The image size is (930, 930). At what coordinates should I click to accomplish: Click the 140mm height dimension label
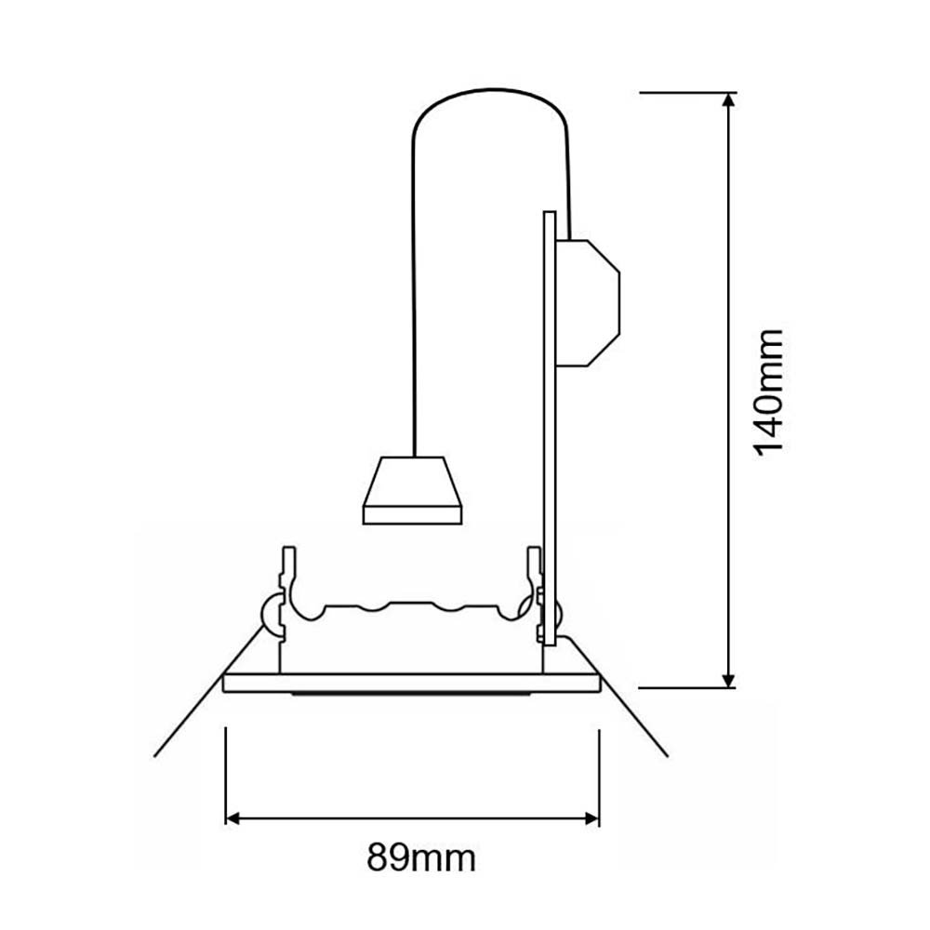769,392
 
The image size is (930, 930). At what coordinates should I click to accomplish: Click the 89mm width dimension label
421,857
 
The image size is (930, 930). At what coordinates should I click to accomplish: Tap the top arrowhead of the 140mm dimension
729,100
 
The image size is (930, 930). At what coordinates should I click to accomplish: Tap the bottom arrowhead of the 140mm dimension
729,681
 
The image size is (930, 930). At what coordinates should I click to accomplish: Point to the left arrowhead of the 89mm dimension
233,819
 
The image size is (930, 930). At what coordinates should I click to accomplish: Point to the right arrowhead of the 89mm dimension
591,819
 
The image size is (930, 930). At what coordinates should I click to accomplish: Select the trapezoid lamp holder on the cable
412,490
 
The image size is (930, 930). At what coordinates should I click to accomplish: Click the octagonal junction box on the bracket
588,302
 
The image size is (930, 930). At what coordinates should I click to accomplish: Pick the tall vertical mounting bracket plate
550,428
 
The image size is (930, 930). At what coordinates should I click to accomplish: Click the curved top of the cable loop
490,91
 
